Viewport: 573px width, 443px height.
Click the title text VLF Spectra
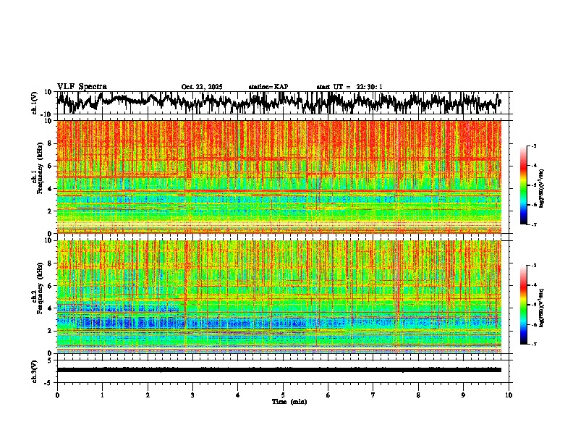[x=82, y=86]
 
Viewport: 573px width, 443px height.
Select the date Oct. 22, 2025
[x=202, y=87]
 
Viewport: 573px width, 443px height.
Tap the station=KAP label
[x=268, y=87]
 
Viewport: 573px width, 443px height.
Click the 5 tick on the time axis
[x=283, y=395]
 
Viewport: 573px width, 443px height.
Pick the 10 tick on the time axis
[x=509, y=395]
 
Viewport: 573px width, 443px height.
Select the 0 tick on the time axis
[x=57, y=395]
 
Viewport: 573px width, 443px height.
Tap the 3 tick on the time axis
[x=192, y=395]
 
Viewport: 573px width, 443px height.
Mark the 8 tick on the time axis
[x=418, y=395]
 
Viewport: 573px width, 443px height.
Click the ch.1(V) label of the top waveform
[x=35, y=103]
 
